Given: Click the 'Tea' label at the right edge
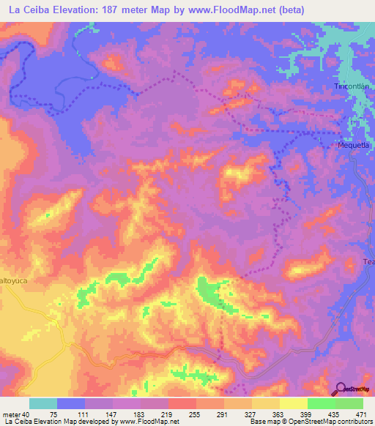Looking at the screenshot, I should tap(368, 261).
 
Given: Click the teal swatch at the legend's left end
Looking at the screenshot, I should tap(43, 403).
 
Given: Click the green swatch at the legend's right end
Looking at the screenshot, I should tap(349, 403).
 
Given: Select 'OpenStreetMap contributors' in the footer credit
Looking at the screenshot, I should tap(335, 422).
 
